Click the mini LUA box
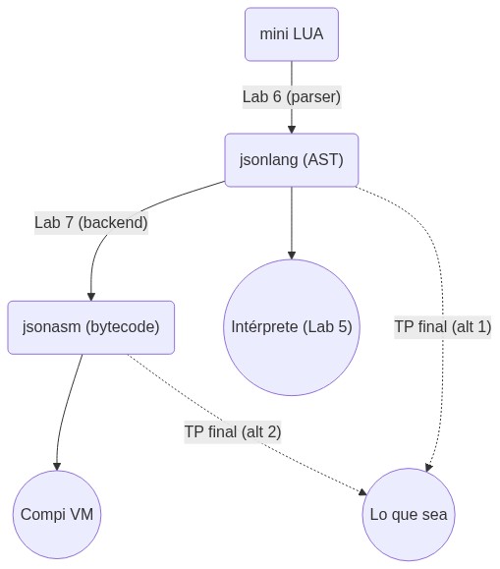292,34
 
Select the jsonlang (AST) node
292,160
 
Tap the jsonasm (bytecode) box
91,327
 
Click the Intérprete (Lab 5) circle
292,327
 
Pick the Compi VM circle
57,515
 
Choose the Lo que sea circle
409,515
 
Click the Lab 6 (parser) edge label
292,97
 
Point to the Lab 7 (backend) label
91,223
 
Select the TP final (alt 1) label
443,327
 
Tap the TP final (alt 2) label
233,431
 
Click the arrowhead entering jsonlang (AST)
292,130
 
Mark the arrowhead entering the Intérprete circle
292,256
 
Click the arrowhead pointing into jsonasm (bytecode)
91,297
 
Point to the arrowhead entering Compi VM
57,467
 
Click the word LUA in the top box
307,34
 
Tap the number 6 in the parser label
277,97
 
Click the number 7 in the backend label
69,223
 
